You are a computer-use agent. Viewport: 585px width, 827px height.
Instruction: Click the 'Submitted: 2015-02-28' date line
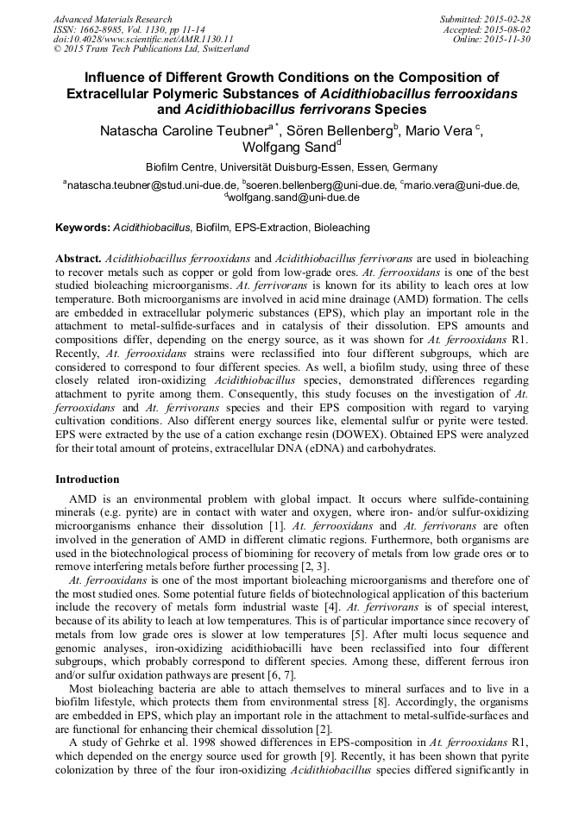484,19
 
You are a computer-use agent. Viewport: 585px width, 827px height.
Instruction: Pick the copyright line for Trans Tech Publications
151,50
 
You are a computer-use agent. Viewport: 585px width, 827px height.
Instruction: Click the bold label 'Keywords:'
83,228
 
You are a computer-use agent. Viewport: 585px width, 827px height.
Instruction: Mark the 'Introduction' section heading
87,479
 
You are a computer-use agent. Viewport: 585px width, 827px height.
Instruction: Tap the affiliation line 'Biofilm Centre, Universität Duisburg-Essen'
292,167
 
